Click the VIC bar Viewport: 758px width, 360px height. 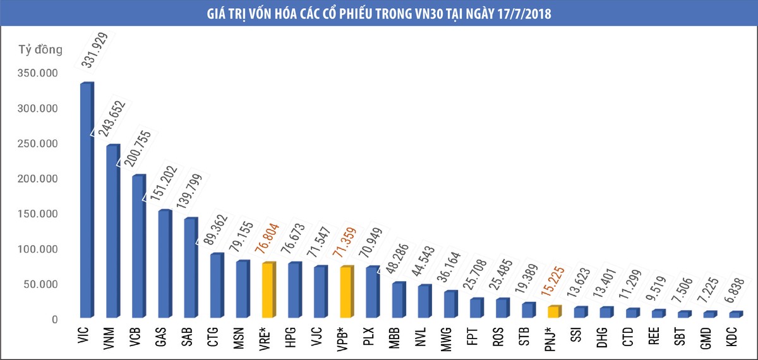coord(87,200)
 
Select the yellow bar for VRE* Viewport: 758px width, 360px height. coord(269,290)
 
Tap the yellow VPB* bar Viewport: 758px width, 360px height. coord(347,292)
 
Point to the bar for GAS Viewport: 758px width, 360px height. coord(165,263)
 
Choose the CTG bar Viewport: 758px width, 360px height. coord(217,285)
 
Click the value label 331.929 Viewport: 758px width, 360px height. coord(94,50)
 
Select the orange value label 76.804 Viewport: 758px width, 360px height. coord(267,238)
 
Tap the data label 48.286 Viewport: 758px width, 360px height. coord(397,258)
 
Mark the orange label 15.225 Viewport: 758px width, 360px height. coord(553,282)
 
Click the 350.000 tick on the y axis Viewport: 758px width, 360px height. coord(37,73)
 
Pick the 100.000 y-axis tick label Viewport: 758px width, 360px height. coord(37,249)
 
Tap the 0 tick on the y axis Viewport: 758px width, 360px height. coord(55,320)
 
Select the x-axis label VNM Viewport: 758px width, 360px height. coord(109,338)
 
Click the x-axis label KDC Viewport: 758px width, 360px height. coord(731,337)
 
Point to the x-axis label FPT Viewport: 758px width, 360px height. coord(472,337)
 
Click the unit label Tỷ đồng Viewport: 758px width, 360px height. coord(40,50)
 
